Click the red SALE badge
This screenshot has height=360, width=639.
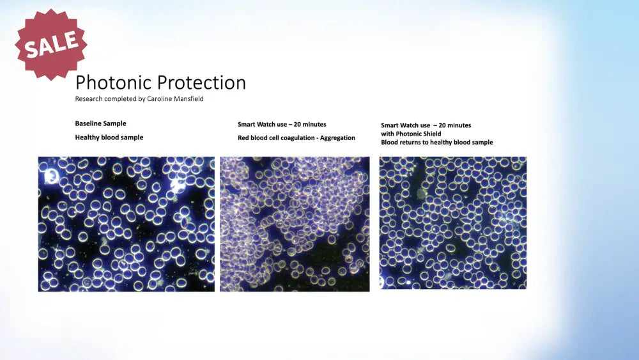click(51, 44)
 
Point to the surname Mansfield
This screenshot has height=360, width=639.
click(189, 98)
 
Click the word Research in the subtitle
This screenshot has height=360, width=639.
click(88, 98)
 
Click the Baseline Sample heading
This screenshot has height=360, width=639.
click(101, 123)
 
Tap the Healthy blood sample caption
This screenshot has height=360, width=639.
click(109, 137)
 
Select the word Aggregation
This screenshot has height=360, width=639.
click(337, 138)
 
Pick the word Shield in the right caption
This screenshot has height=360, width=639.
click(431, 134)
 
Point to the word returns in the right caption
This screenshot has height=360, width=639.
click(410, 143)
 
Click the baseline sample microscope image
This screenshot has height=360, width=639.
click(127, 224)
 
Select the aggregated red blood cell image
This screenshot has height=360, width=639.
click(295, 224)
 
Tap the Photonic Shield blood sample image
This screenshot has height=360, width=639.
click(453, 223)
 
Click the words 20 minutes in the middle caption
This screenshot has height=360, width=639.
click(310, 124)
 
